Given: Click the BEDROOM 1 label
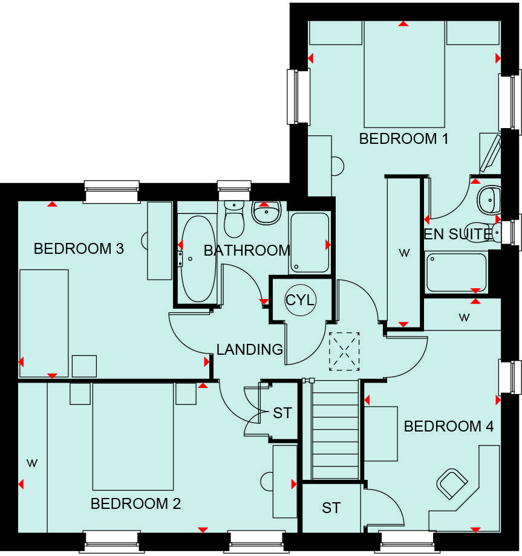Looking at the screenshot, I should [403, 139].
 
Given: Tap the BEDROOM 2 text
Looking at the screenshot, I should [135, 503].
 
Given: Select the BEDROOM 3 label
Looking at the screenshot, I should [79, 248].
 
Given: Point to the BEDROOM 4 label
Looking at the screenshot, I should [448, 427].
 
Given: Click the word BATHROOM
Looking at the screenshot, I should [247, 250].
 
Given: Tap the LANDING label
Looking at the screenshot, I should [250, 349].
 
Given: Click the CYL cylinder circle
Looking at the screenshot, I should [301, 299].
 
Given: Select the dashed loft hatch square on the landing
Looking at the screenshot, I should [344, 351].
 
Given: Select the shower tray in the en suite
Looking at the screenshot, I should [456, 272].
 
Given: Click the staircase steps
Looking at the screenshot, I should [335, 429].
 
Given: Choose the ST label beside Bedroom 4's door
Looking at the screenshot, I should [331, 508].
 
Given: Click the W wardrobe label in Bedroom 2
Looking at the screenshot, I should [32, 464].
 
